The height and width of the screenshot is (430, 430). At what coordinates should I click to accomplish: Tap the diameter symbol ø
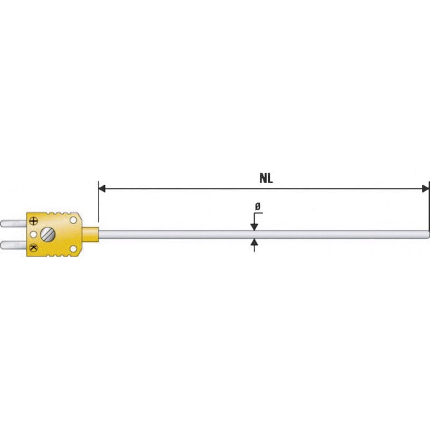(x=257, y=206)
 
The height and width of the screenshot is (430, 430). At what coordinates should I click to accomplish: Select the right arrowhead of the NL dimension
(x=425, y=189)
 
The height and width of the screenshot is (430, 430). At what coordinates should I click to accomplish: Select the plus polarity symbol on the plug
(x=34, y=220)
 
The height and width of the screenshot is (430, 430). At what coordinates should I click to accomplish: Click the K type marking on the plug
(x=34, y=247)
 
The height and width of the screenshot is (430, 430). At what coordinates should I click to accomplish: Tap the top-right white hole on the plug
(x=73, y=220)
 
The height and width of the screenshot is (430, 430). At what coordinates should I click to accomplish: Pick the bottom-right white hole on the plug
(x=73, y=248)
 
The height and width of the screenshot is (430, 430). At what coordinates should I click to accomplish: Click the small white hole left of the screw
(x=34, y=234)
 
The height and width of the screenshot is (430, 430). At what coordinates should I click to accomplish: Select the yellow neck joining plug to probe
(x=90, y=234)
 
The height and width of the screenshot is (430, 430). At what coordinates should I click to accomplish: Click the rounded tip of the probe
(x=428, y=234)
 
